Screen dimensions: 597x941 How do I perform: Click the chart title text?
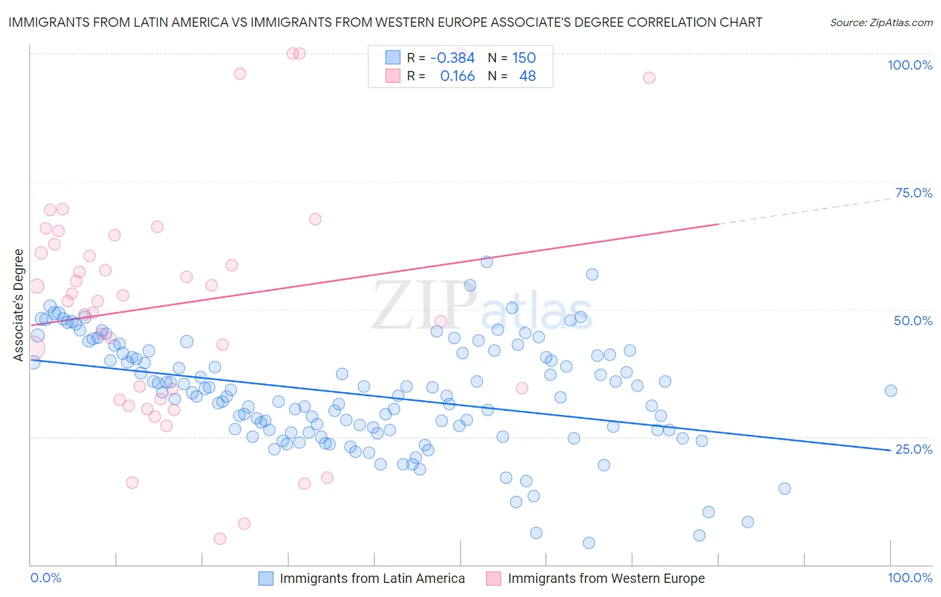[x=385, y=22]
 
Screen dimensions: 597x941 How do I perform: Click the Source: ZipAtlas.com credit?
[x=881, y=22]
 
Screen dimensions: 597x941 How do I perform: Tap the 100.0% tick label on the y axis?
[x=910, y=65]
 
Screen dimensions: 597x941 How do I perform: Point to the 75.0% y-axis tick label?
[x=914, y=193]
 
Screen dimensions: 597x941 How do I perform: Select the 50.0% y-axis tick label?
[x=913, y=321]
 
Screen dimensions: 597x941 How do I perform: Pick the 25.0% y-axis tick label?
[x=914, y=449]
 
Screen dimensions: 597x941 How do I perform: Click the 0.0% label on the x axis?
[x=46, y=578]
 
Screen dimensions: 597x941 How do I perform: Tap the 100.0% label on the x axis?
[x=910, y=578]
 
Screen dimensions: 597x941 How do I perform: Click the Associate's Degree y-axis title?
[x=19, y=305]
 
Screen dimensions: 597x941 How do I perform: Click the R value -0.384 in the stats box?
[x=452, y=58]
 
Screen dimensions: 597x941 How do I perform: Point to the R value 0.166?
[x=457, y=76]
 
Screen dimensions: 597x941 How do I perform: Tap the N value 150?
[x=524, y=58]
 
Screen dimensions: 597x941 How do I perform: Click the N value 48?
[x=527, y=76]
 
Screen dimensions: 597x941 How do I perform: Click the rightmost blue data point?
[x=890, y=391]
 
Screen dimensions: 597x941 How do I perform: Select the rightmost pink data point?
[x=649, y=78]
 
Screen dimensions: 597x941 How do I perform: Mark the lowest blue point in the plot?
[x=588, y=543]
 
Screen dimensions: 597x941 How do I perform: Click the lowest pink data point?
[x=220, y=539]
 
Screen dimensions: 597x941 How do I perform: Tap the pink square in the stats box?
[x=392, y=76]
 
